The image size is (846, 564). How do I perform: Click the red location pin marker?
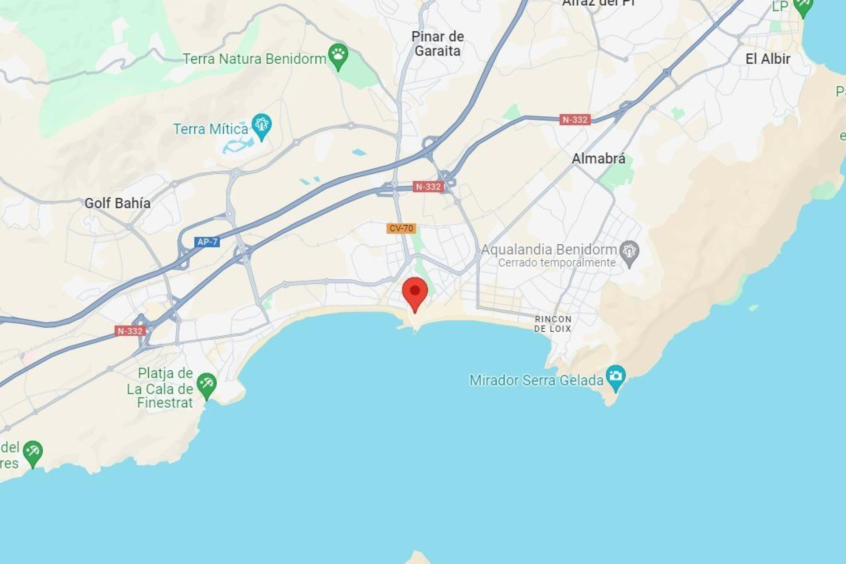[x=415, y=292]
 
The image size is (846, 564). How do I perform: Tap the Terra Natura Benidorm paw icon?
[x=338, y=55]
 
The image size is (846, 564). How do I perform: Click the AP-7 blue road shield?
[x=207, y=242]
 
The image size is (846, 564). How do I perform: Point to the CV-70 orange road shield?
[x=401, y=228]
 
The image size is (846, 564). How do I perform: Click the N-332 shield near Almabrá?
[x=575, y=119]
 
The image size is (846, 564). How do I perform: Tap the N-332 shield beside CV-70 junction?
[x=428, y=186]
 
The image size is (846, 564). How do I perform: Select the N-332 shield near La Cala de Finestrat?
[x=130, y=331]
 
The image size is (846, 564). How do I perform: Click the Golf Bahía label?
[x=117, y=203]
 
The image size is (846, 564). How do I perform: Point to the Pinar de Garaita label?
[x=438, y=44]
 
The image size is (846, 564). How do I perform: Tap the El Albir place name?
[x=768, y=59]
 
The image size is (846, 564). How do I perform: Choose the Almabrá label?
[x=598, y=159]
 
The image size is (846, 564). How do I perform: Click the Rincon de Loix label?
[x=553, y=324]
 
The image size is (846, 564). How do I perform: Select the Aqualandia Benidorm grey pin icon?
[x=629, y=252]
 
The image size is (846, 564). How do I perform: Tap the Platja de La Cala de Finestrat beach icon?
[x=206, y=384]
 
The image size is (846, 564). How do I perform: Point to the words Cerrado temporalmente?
[x=557, y=263]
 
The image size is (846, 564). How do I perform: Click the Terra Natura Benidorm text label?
[x=254, y=59]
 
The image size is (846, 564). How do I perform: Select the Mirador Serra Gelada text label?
[x=536, y=380]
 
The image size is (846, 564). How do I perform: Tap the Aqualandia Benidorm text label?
[x=549, y=249]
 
